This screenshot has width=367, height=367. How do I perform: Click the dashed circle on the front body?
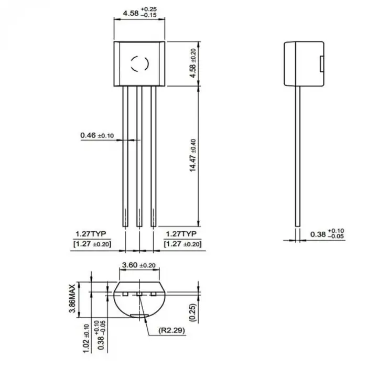(139, 63)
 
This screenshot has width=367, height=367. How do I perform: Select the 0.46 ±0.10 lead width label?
(97, 136)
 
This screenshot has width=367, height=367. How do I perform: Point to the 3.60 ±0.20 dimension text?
(138, 266)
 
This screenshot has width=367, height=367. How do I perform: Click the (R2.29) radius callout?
(171, 331)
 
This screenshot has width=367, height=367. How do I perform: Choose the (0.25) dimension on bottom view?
(193, 312)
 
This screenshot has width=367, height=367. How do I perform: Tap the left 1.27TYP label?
(91, 234)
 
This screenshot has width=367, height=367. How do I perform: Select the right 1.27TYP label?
(181, 234)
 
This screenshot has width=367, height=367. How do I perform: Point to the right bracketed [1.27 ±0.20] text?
(182, 244)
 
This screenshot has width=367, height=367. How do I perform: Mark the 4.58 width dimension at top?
(139, 13)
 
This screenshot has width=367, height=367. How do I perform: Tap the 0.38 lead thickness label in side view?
(326, 233)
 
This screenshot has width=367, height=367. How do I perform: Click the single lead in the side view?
(297, 157)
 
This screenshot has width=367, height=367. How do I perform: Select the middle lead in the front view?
(139, 157)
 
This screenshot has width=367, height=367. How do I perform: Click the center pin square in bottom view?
(139, 295)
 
